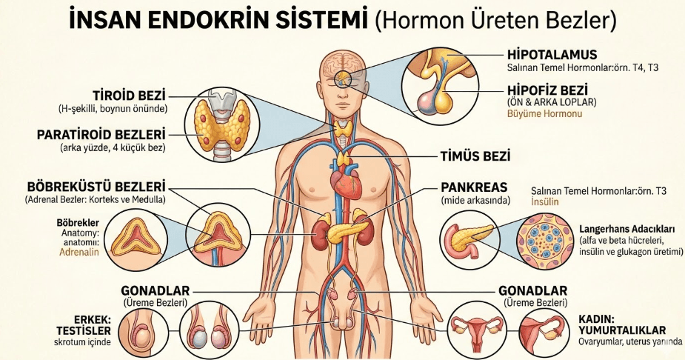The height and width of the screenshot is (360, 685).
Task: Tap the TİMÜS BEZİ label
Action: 475,156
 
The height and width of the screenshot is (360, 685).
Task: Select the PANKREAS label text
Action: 474,187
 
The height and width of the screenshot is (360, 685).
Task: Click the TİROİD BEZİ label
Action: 130,96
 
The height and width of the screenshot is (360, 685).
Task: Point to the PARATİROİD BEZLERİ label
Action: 101,134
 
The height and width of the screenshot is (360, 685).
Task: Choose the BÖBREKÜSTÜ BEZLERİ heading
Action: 96,187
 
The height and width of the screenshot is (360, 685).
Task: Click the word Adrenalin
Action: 79,252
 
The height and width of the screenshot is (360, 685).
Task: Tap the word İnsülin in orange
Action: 545,201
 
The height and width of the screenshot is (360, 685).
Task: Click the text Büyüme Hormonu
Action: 544,114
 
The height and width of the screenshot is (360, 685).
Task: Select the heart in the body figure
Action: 343,181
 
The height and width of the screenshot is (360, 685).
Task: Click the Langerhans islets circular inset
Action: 545,241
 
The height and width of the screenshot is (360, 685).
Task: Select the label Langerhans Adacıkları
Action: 626,229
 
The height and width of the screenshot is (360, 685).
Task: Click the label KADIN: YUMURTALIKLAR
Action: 622,324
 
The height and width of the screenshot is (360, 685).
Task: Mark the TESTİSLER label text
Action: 83,330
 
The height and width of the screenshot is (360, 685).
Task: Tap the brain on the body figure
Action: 342,65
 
